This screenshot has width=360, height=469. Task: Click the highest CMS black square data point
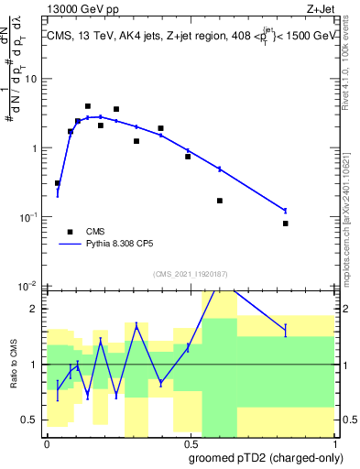click(88, 106)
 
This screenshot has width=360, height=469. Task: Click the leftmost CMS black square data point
click(58, 183)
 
